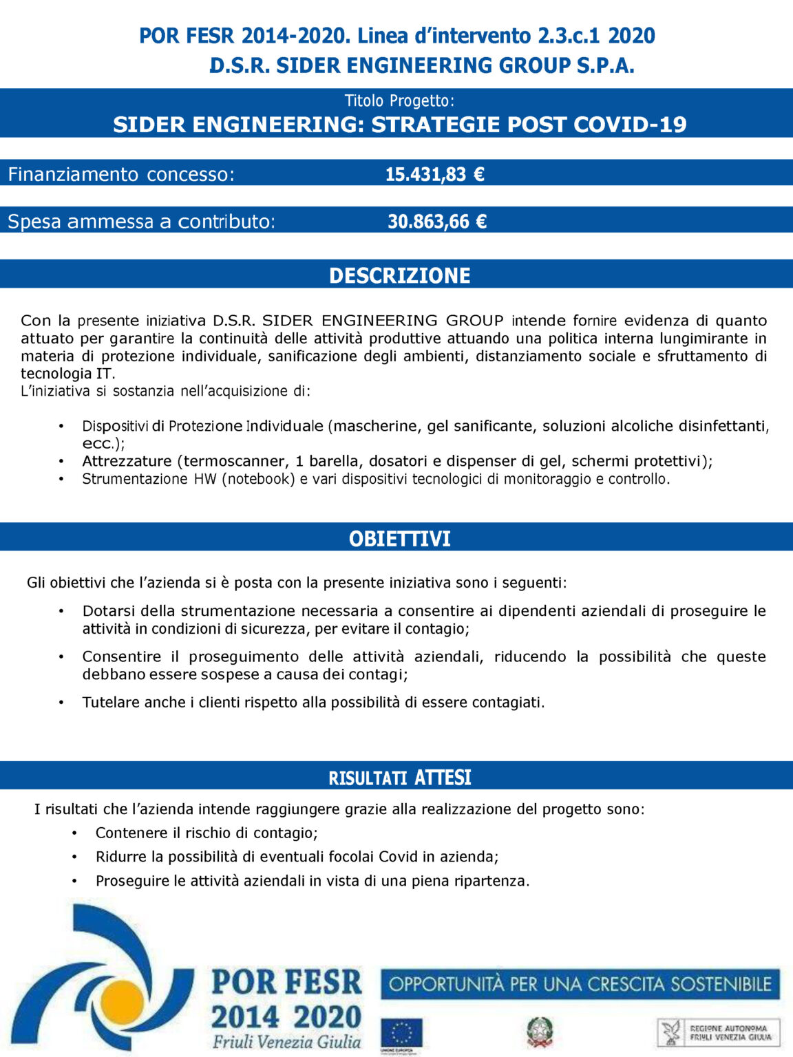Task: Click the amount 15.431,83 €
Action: (434, 174)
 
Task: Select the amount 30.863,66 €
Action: (437, 222)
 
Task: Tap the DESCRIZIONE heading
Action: (399, 275)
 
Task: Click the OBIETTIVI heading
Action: (399, 538)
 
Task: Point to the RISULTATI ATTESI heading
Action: (399, 778)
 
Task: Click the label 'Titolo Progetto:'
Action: (399, 101)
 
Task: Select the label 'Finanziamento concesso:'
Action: (121, 175)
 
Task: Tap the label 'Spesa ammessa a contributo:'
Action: (141, 222)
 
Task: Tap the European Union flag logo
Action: (401, 1034)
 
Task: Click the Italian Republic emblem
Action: (540, 1032)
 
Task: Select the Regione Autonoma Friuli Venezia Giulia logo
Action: (718, 1032)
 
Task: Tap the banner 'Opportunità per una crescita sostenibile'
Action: (580, 984)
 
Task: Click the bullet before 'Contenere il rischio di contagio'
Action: (74, 833)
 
